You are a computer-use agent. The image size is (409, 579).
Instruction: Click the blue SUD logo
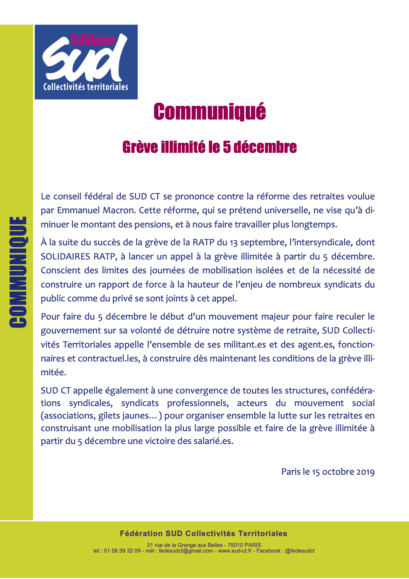[x=86, y=62]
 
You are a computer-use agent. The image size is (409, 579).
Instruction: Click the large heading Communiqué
[x=209, y=112]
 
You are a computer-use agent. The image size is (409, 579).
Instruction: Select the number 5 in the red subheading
[x=227, y=147]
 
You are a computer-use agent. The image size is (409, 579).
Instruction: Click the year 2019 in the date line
[x=365, y=472]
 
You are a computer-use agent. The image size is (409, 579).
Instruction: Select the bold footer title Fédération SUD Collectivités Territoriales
[x=204, y=533]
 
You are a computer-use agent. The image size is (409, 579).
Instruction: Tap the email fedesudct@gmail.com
[x=186, y=551]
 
